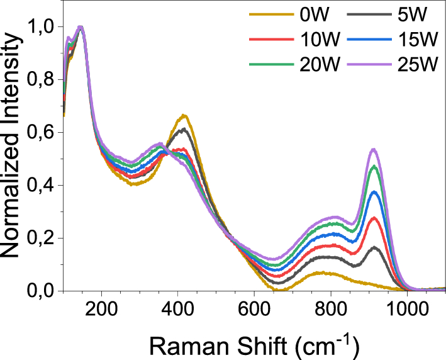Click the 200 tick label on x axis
(101, 308)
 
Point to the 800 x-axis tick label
(330, 308)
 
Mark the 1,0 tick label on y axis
(43, 27)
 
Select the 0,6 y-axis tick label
(43, 133)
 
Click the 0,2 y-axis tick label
(43, 239)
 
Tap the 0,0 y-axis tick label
(43, 291)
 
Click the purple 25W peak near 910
(374, 149)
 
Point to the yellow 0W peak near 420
(183, 115)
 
